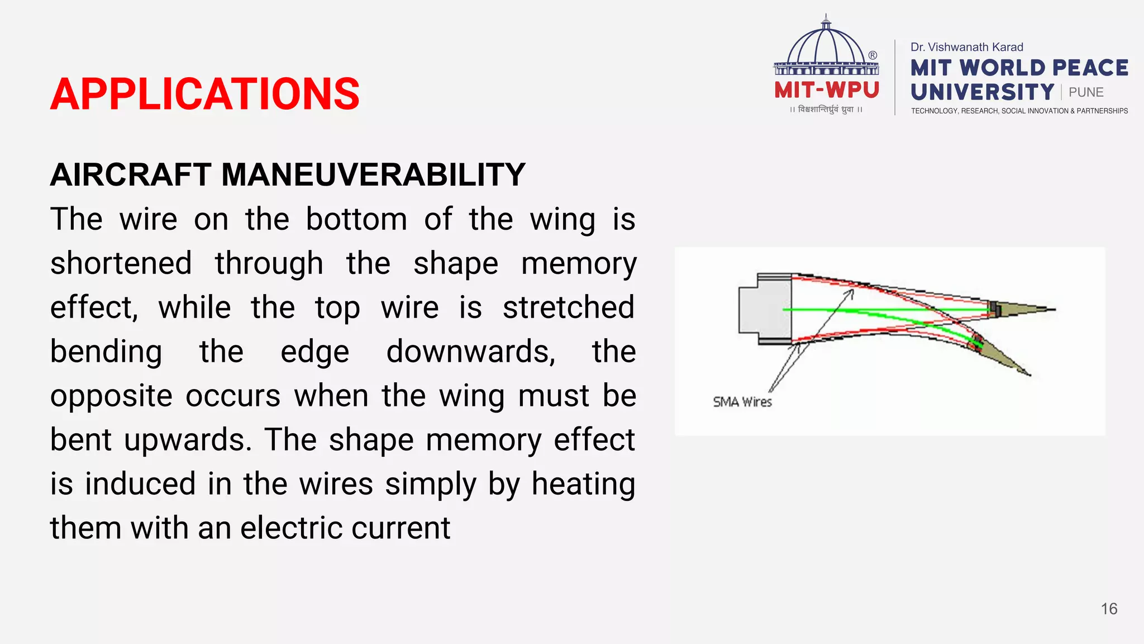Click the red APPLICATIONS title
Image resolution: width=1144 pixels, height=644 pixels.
[x=205, y=94]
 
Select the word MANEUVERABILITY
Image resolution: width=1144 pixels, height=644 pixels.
[x=373, y=174]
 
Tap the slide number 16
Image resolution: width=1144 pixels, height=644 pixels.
[x=1109, y=609]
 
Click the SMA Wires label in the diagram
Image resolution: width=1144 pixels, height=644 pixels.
[x=742, y=402]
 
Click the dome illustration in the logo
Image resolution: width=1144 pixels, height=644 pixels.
[x=826, y=48]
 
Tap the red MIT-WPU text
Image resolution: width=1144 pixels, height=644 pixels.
[x=827, y=90]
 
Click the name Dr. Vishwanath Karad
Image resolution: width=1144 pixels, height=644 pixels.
[x=966, y=48]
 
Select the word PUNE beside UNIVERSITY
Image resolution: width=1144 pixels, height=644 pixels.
[x=1086, y=92]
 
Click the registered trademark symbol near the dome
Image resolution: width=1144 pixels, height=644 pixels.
[x=873, y=55]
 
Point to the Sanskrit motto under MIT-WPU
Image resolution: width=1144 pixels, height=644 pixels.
[x=826, y=110]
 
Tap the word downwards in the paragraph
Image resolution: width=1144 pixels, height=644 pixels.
[x=470, y=352]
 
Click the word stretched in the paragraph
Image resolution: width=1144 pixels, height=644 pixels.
[x=568, y=308]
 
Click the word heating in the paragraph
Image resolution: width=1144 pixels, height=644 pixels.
[x=583, y=484]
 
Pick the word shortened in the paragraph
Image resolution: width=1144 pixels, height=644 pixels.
[x=121, y=264]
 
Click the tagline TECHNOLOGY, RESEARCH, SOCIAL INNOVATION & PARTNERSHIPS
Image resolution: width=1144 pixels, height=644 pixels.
[x=1019, y=111]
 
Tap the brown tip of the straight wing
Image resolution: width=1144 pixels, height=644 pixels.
[x=1022, y=309]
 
